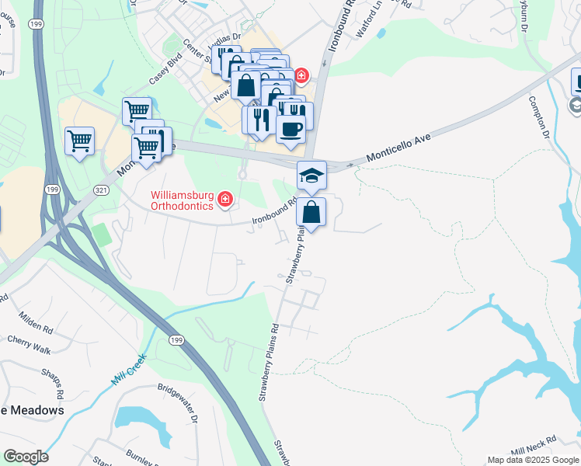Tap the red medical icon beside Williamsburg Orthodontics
tap(225, 200)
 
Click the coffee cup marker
tap(290, 130)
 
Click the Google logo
tap(26, 457)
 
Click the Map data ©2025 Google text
tap(534, 460)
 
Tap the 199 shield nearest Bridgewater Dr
tap(175, 340)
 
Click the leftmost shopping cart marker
tap(79, 141)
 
